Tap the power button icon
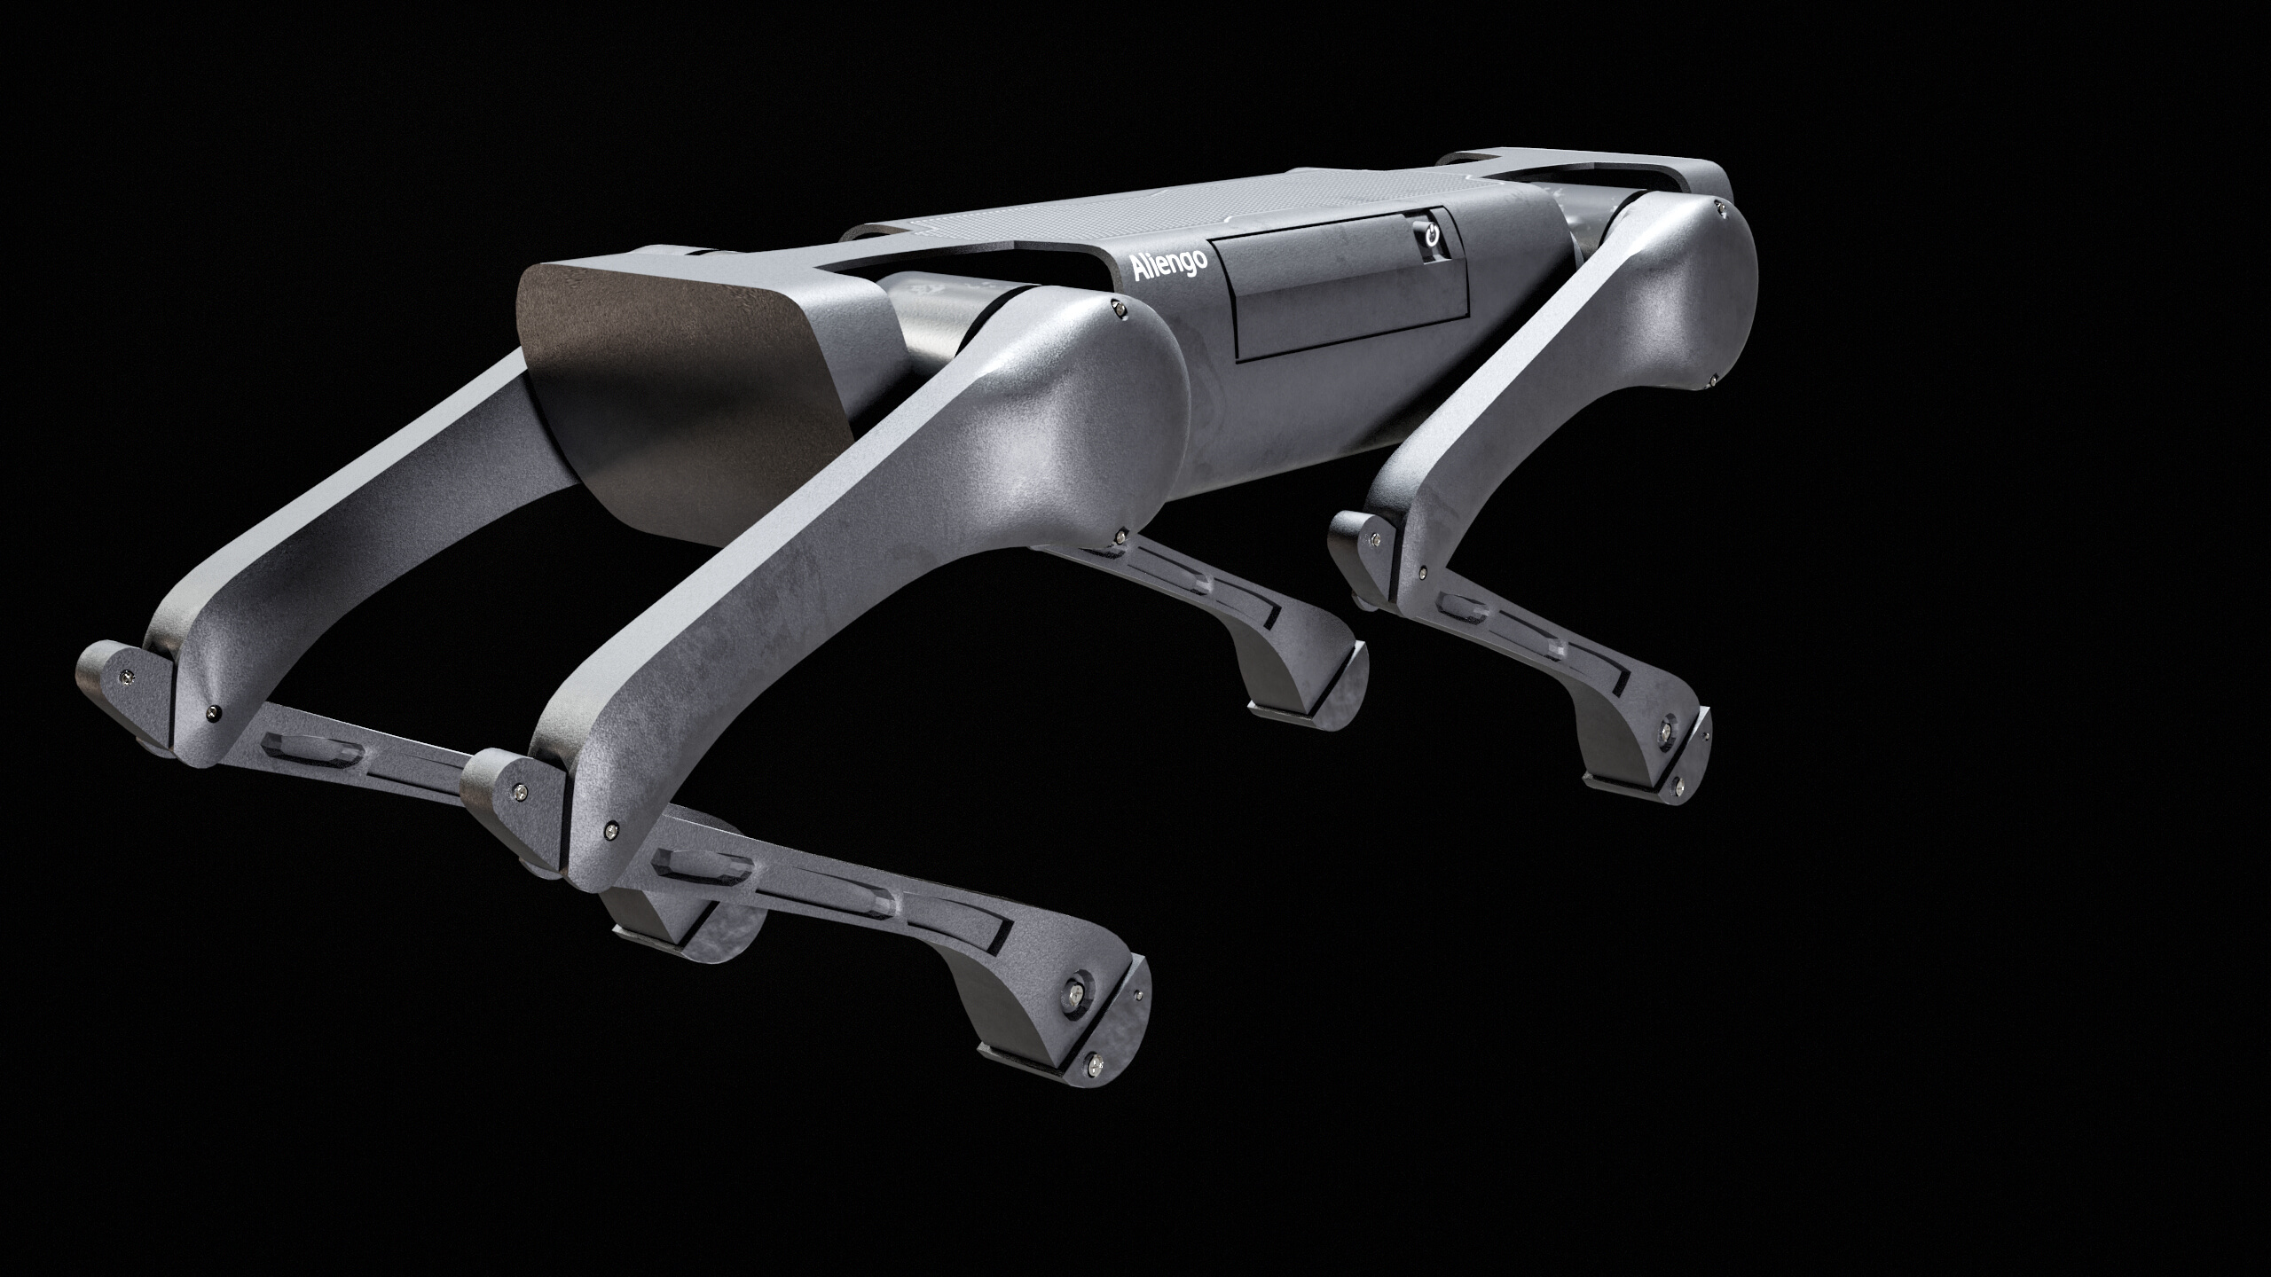click(x=1430, y=238)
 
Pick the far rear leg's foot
click(x=1304, y=692)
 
